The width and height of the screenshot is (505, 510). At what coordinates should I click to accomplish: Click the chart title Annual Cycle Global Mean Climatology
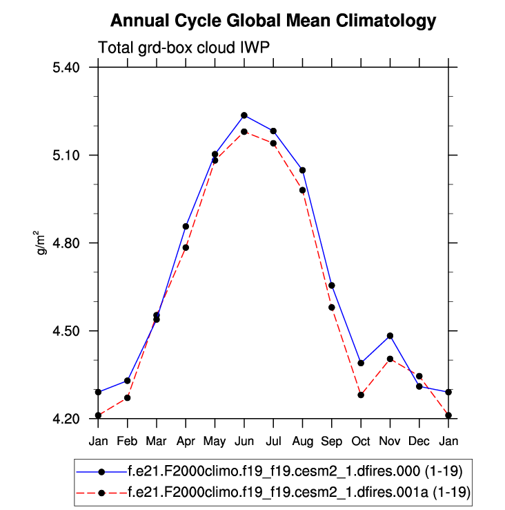(273, 21)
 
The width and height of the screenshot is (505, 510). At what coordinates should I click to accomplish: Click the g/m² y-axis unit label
(41, 243)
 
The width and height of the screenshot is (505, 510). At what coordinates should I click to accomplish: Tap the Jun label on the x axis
(244, 440)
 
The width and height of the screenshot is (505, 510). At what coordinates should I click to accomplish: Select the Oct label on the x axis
(361, 440)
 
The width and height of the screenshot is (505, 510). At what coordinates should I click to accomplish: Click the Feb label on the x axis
(128, 440)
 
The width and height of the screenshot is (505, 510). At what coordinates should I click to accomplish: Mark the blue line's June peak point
(244, 115)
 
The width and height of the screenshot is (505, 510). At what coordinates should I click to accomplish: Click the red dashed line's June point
(244, 131)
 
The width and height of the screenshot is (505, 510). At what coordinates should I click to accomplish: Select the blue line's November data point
(390, 336)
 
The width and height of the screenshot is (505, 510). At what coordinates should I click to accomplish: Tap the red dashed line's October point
(361, 395)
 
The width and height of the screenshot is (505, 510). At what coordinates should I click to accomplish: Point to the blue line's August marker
(303, 170)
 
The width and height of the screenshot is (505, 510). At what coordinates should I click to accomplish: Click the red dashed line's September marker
(332, 308)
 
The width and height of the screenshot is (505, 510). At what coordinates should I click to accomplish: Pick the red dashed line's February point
(128, 397)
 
